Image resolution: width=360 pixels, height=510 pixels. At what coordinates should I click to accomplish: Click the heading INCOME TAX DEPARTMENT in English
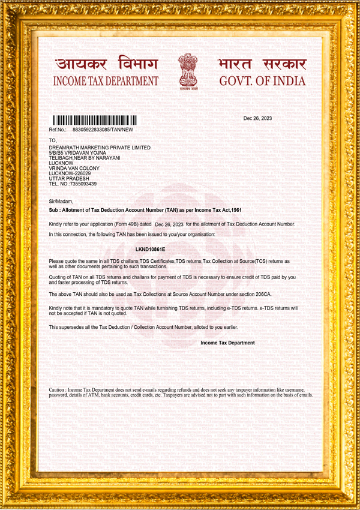106,81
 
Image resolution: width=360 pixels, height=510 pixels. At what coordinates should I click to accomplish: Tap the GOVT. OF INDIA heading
262,81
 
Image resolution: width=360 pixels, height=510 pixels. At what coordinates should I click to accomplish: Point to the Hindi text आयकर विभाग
106,64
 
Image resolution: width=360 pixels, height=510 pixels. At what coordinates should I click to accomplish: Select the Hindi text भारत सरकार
262,64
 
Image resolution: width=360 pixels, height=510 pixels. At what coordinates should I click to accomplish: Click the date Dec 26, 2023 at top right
257,118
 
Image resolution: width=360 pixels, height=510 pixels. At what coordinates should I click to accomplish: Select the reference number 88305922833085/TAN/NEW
103,130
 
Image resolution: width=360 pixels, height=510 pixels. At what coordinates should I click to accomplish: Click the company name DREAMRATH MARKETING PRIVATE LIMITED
100,148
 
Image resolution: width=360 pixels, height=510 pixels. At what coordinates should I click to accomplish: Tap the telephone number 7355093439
83,184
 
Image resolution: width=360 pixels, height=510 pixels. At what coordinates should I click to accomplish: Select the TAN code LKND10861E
151,248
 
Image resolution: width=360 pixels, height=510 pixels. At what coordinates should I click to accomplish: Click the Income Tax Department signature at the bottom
227,343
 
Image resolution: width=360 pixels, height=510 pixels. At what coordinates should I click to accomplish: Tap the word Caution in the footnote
58,390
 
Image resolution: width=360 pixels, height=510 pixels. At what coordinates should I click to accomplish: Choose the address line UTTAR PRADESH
69,178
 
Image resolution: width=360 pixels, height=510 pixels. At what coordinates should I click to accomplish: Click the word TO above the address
52,140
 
